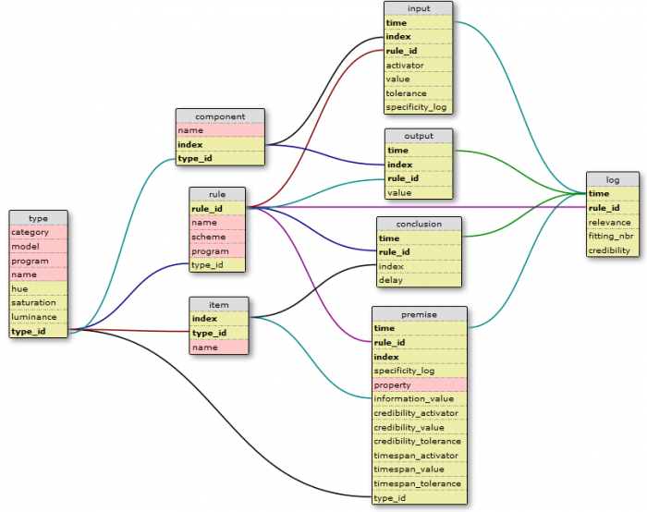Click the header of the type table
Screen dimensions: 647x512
39,218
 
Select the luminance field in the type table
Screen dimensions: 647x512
39,317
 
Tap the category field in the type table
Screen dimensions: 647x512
39,232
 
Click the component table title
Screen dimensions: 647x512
220,116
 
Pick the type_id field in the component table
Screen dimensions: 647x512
220,158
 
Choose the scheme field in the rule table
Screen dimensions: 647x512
217,237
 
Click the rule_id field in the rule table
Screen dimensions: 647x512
217,209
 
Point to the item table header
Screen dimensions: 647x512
219,305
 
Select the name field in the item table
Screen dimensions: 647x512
219,347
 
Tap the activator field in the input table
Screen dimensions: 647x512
419,66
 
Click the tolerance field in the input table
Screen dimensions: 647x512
419,93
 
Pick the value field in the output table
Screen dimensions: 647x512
419,192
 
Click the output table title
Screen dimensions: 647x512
419,136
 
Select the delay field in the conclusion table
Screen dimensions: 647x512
419,280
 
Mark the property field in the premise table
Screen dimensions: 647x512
420,385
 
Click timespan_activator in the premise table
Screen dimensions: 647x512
420,456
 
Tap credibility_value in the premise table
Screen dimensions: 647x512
420,427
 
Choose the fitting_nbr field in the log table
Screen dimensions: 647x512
613,236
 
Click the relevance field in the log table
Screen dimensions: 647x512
613,223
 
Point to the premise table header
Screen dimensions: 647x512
420,314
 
